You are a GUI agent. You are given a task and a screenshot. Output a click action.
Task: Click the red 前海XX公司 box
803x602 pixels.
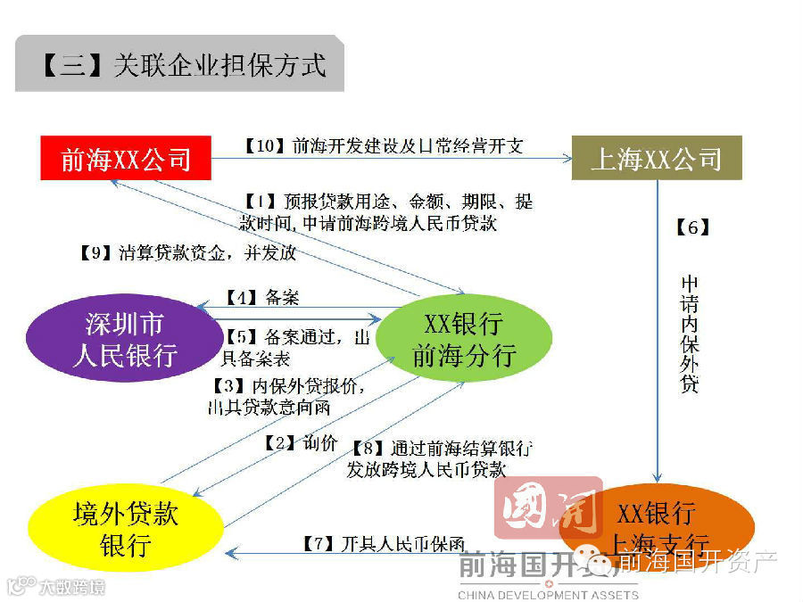pos(126,159)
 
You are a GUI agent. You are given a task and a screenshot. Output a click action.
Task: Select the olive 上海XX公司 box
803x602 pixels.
pos(657,159)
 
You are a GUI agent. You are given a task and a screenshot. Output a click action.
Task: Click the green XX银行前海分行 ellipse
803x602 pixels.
pos(463,339)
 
